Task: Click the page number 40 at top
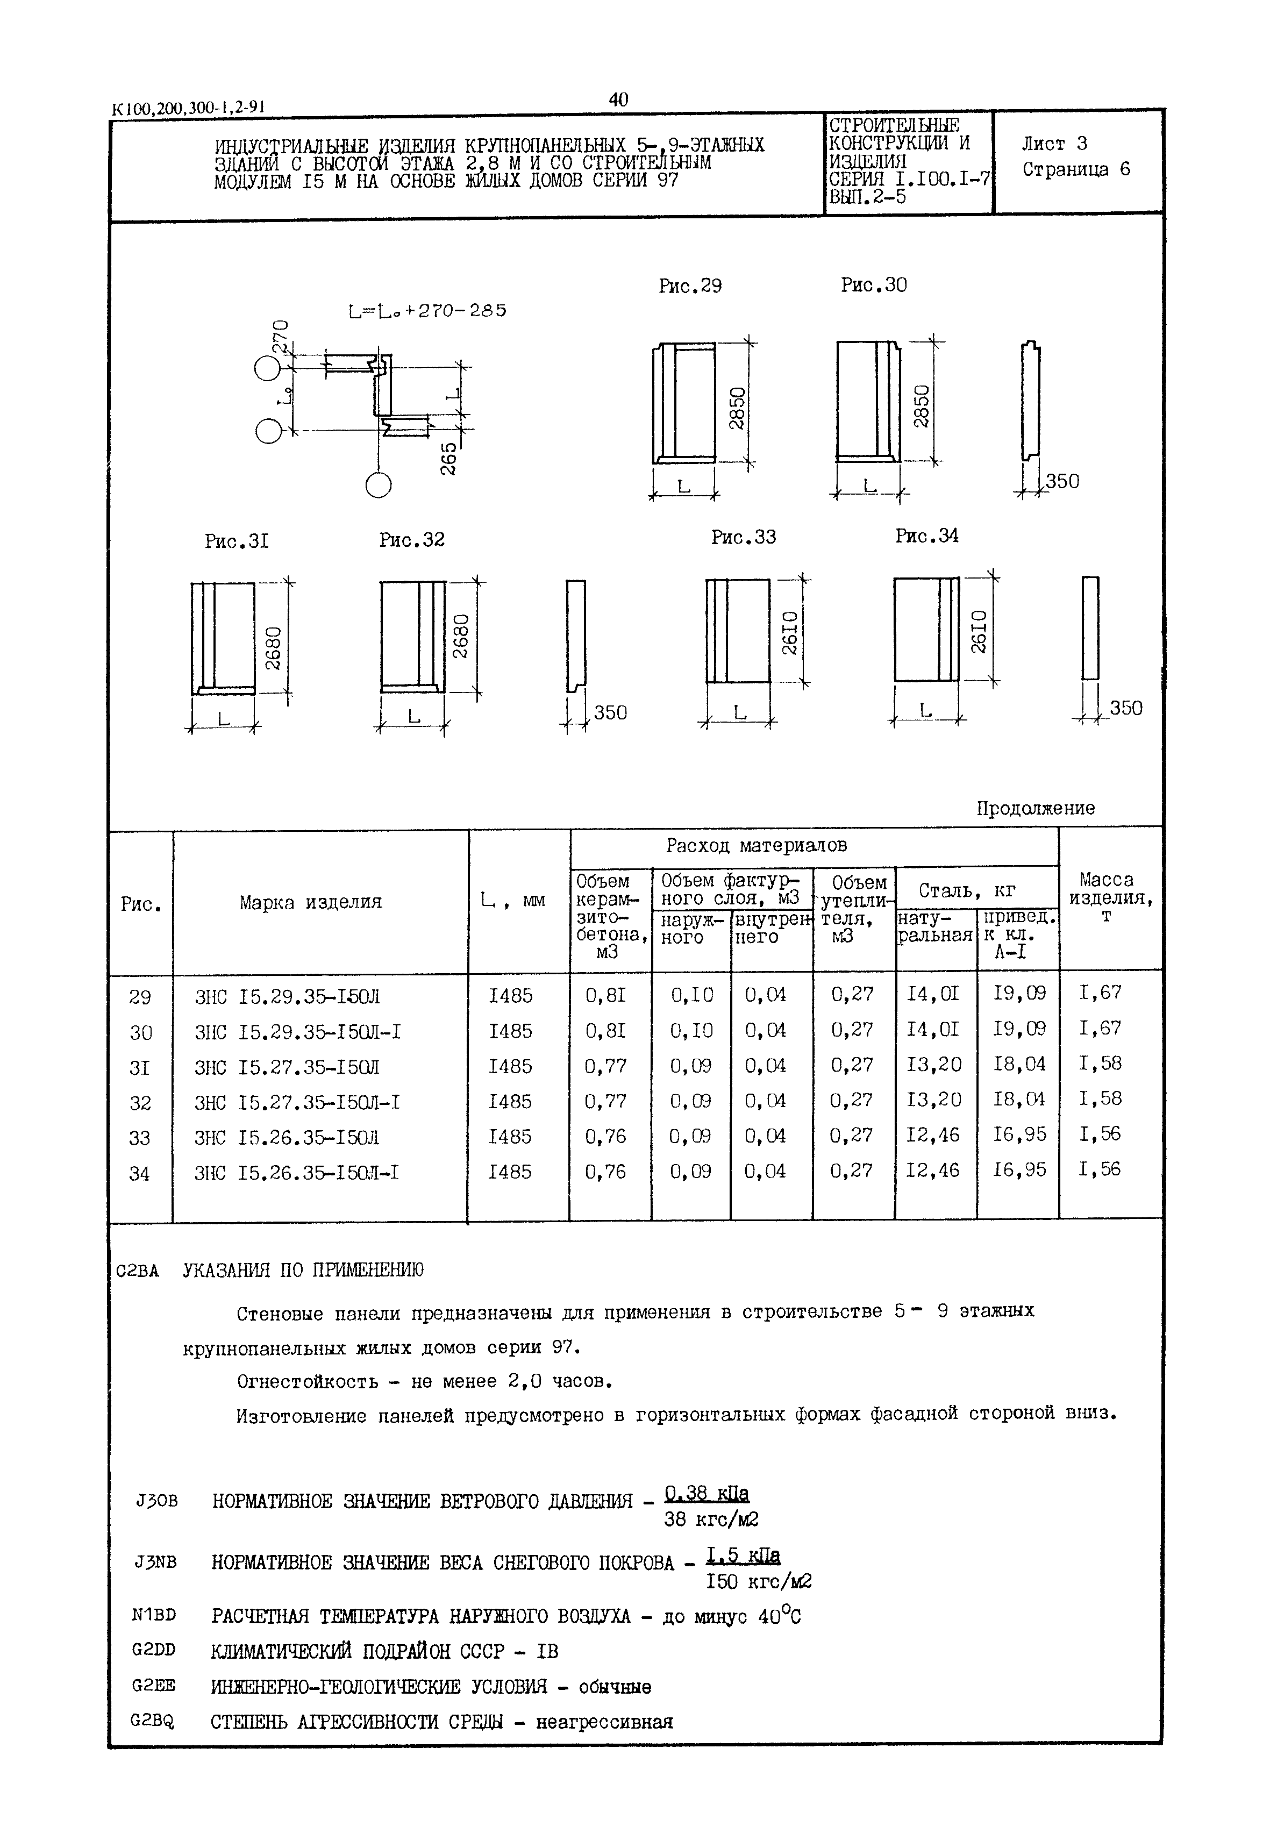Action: (618, 99)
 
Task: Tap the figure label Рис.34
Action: (926, 536)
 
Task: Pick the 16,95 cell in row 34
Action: (1019, 1171)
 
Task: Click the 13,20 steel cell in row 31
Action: (933, 1065)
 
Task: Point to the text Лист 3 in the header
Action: (1054, 144)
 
